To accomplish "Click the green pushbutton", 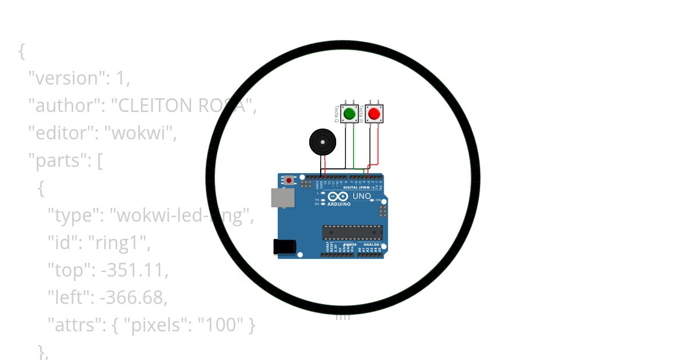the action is click(x=350, y=113).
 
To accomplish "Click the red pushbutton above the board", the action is click(x=374, y=113).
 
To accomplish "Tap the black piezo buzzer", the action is click(x=322, y=141).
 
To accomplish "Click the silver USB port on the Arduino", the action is click(x=282, y=198).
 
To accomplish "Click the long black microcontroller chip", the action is click(x=351, y=232).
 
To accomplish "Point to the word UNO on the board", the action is click(x=362, y=196).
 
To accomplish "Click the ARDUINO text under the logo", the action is click(x=339, y=203).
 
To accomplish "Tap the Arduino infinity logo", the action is click(x=338, y=196).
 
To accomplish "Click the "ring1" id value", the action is click(x=118, y=243).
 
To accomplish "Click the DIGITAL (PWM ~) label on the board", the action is click(x=358, y=187).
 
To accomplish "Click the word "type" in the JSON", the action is click(x=71, y=215).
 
